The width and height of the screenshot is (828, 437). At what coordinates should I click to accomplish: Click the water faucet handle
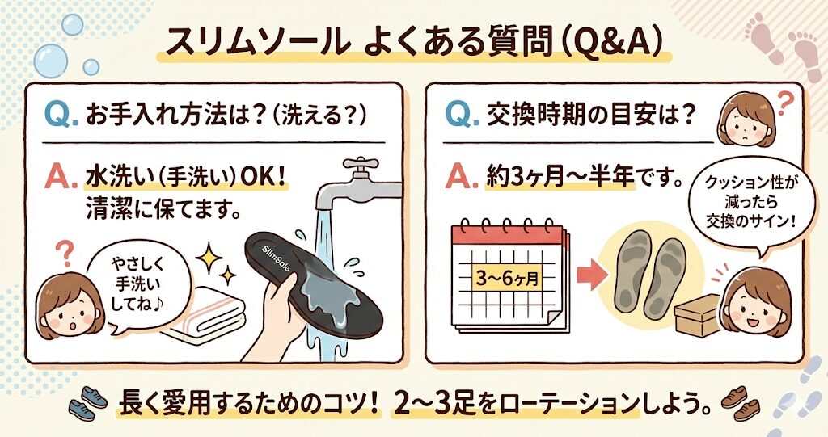[x=361, y=164]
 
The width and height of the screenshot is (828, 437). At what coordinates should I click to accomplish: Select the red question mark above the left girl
[x=65, y=253]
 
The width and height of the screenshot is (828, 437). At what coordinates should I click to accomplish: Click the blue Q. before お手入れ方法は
[x=61, y=115]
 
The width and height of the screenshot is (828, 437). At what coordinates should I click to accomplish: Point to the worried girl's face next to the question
[x=746, y=121]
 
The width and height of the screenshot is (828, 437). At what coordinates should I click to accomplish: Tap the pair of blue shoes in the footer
[x=87, y=404]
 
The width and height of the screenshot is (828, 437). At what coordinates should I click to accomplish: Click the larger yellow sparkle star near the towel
[x=209, y=258]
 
